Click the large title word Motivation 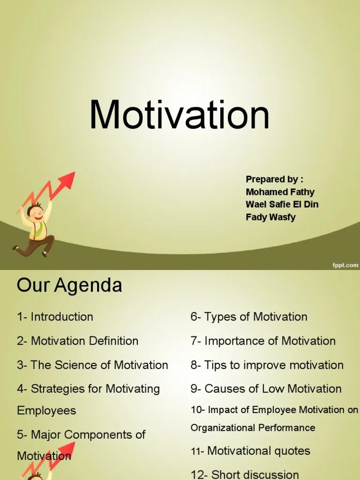coord(180,114)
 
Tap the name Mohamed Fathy coord(280,192)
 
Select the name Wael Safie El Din coord(282,204)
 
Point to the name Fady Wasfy coord(270,217)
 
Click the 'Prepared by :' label coord(274,179)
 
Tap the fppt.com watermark coord(345,265)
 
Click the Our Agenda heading coord(69,285)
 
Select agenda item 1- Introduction coord(55,317)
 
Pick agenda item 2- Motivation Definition coord(77,341)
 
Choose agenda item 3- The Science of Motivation coord(92,365)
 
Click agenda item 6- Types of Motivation coord(248,317)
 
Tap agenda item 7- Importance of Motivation coord(262,341)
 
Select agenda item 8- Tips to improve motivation coord(267,365)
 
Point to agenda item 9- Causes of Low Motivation coord(266,389)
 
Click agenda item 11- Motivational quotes coord(250,451)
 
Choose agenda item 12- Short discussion coord(244,474)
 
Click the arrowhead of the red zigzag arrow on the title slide coord(68,180)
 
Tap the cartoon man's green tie coord(40,229)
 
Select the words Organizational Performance coord(253,427)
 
